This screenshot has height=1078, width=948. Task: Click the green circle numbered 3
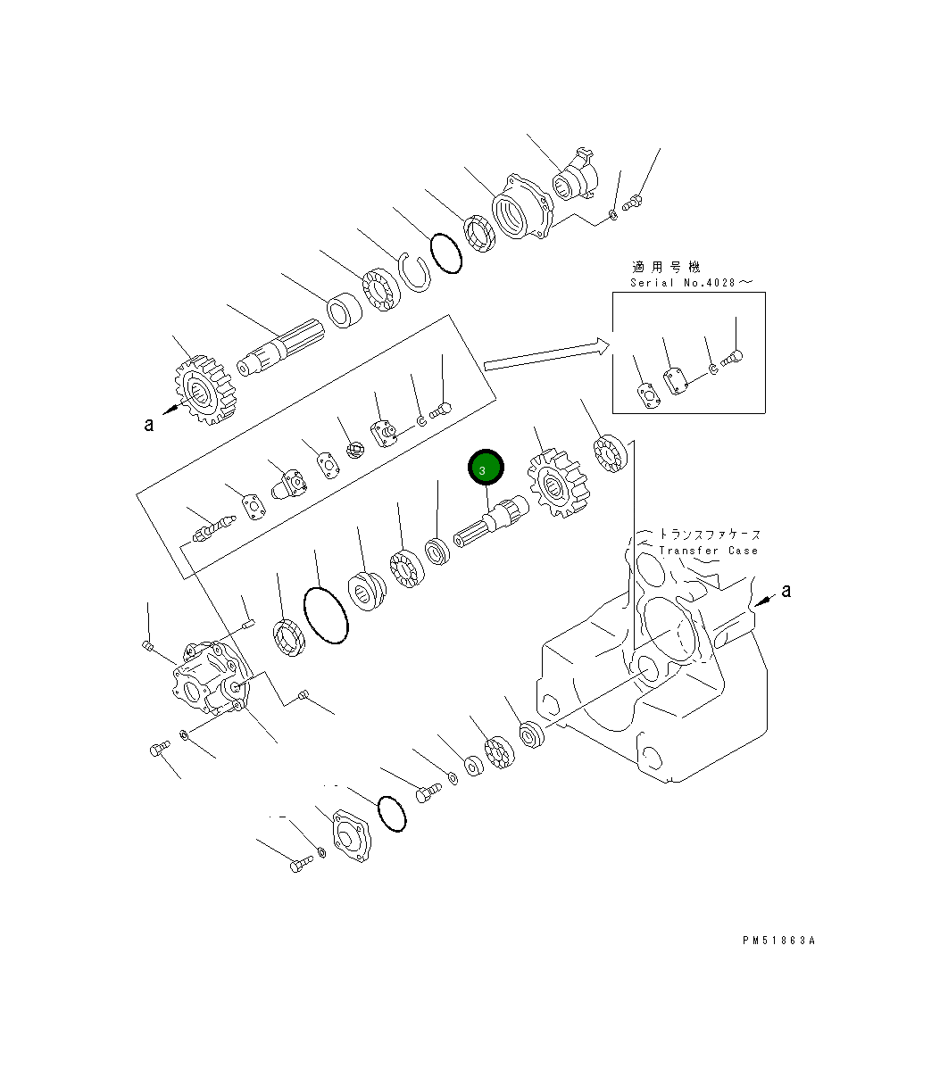pos(486,468)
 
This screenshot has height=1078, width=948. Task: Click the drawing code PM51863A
pos(778,941)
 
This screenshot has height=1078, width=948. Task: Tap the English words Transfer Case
pos(709,551)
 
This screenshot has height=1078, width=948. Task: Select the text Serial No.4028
pos(683,283)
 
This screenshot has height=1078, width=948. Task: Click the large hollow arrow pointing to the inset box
pos(546,354)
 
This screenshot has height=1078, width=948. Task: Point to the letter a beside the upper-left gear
pos(149,425)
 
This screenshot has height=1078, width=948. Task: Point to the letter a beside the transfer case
pos(786,591)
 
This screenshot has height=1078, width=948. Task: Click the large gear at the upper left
pos(204,390)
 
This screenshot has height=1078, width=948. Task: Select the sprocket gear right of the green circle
pos(558,483)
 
